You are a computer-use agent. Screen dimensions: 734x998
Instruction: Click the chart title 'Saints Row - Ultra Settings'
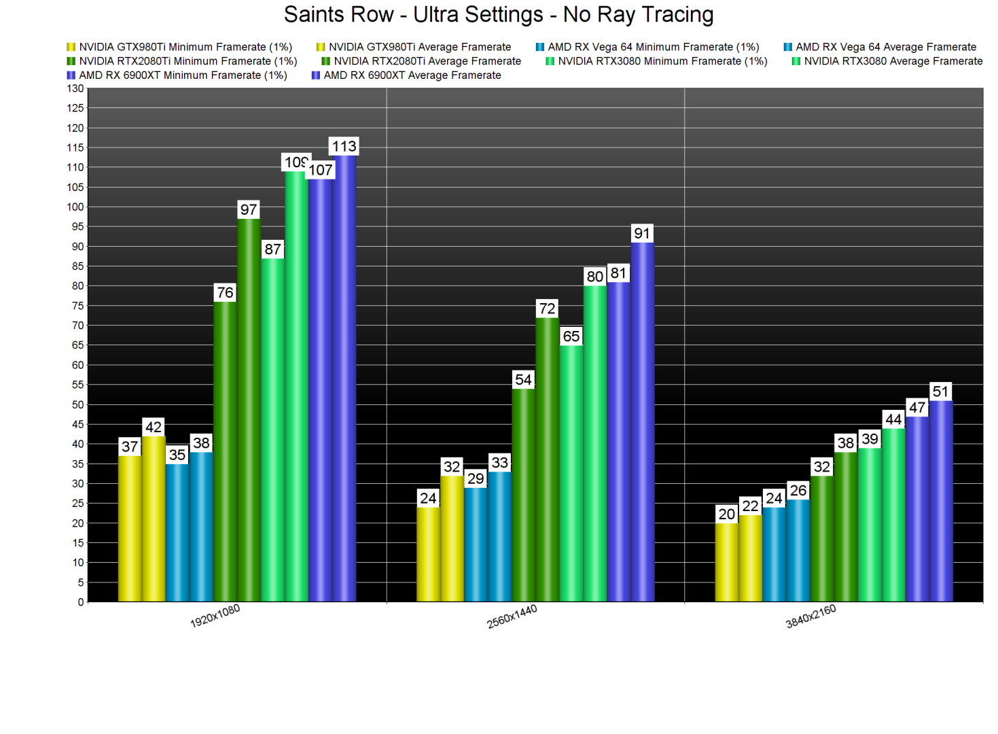click(498, 15)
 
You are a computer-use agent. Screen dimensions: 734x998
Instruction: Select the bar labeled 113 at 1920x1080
click(344, 378)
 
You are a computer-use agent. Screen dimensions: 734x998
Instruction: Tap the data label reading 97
click(249, 210)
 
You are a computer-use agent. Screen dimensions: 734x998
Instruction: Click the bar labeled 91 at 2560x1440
click(643, 421)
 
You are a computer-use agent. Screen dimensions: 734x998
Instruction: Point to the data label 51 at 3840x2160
click(940, 391)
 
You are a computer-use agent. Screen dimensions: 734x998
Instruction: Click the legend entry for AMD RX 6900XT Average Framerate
click(412, 75)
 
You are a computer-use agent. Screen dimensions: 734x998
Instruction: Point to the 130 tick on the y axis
click(75, 89)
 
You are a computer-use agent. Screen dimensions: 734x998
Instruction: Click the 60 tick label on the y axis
click(77, 365)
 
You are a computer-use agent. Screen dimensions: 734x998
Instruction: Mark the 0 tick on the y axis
click(80, 602)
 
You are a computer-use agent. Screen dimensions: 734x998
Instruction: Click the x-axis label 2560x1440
click(512, 616)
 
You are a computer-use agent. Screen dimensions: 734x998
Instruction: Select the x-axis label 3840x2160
click(810, 616)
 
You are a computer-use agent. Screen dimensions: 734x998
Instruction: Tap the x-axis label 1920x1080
click(215, 616)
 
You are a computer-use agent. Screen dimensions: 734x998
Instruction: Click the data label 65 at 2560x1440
click(571, 336)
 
